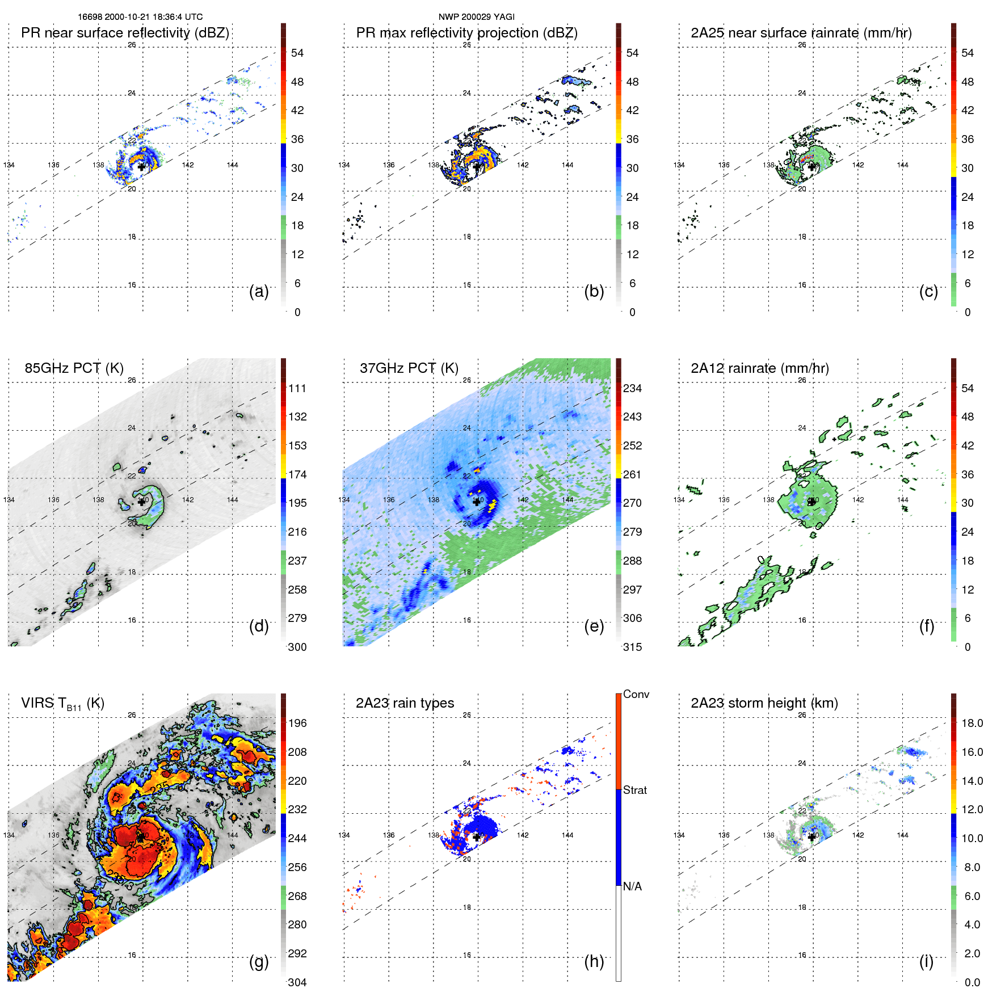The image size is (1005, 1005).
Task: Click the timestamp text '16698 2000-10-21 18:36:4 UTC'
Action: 140,17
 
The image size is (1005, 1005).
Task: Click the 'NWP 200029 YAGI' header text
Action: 476,17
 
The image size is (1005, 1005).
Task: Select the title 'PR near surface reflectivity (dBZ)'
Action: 125,33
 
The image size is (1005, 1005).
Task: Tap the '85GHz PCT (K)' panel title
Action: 74,368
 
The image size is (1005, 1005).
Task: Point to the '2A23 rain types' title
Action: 405,703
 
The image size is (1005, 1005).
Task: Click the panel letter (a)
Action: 259,291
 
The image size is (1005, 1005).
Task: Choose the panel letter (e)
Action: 594,626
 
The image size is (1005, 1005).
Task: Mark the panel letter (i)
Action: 926,961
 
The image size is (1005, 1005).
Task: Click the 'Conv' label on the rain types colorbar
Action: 636,694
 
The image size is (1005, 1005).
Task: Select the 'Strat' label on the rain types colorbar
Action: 635,790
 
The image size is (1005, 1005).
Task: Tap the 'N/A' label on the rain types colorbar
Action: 632,886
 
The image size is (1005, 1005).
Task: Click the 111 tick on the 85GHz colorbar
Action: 297,388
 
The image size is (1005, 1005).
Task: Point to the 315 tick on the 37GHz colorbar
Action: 632,647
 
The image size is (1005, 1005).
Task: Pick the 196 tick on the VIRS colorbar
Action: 297,723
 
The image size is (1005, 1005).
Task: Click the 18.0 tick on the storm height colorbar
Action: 972,723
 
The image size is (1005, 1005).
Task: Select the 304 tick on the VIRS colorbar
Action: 297,982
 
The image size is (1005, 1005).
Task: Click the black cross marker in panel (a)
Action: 141,167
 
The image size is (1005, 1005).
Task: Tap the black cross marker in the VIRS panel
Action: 141,837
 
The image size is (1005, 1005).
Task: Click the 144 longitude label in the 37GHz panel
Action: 567,500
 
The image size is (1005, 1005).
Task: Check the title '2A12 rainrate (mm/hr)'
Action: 760,368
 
